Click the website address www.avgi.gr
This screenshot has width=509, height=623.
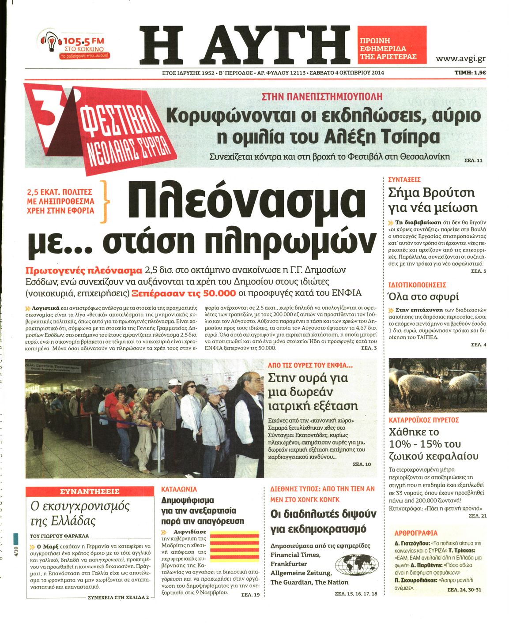[460, 58]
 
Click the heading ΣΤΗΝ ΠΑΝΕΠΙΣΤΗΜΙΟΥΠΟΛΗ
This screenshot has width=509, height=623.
[322, 97]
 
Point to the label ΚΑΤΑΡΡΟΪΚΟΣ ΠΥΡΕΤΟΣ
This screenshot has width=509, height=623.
[424, 420]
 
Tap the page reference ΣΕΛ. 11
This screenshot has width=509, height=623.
[473, 160]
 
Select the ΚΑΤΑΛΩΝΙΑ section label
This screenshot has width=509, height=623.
[179, 489]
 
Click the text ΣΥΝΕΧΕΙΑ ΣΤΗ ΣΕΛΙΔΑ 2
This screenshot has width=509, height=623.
[118, 597]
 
